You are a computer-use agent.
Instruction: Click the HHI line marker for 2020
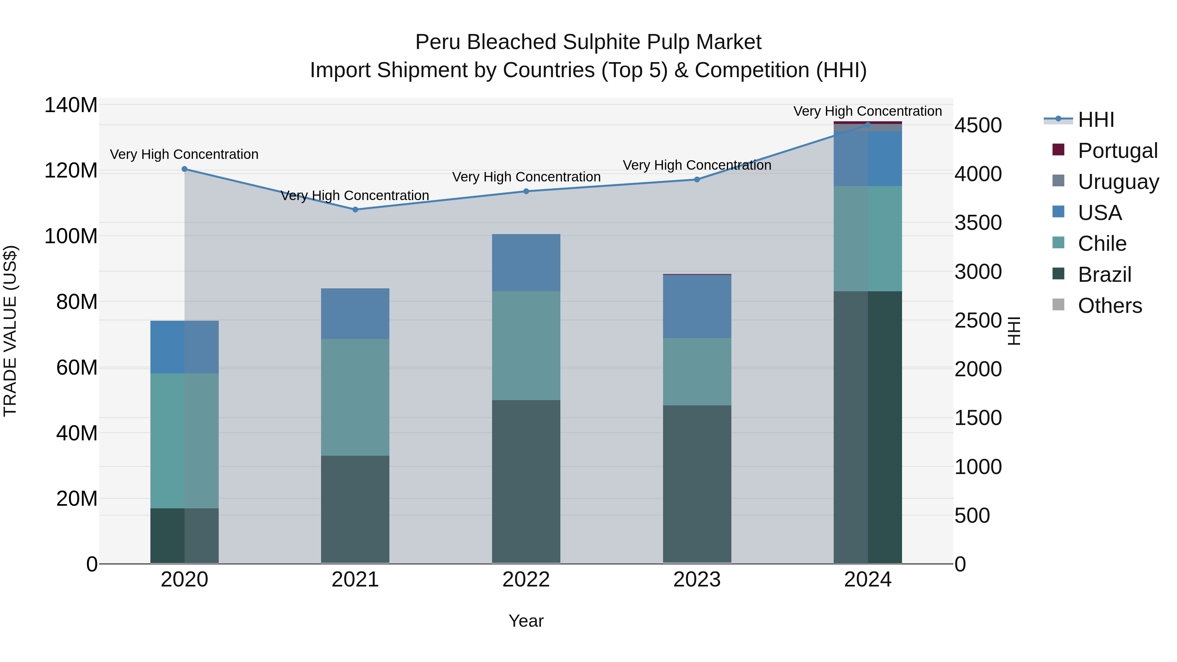185,169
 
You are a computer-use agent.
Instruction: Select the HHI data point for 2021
355,210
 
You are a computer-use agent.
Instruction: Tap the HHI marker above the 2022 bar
526,192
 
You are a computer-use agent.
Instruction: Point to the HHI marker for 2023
697,179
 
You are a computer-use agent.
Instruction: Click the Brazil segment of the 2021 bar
355,509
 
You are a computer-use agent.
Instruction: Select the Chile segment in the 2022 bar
526,346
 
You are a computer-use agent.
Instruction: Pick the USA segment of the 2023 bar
697,307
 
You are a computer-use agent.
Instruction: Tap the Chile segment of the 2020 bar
185,441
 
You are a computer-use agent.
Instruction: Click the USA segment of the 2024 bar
868,159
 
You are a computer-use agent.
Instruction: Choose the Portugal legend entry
1117,150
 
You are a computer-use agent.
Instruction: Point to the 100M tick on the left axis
71,236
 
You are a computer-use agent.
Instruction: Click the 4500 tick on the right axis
978,125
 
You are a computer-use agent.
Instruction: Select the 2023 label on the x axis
697,580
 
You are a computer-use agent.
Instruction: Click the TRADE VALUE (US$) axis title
10,331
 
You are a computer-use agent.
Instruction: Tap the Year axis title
526,621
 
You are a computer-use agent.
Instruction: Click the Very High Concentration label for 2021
355,195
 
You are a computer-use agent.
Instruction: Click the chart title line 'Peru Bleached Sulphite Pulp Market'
588,42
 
